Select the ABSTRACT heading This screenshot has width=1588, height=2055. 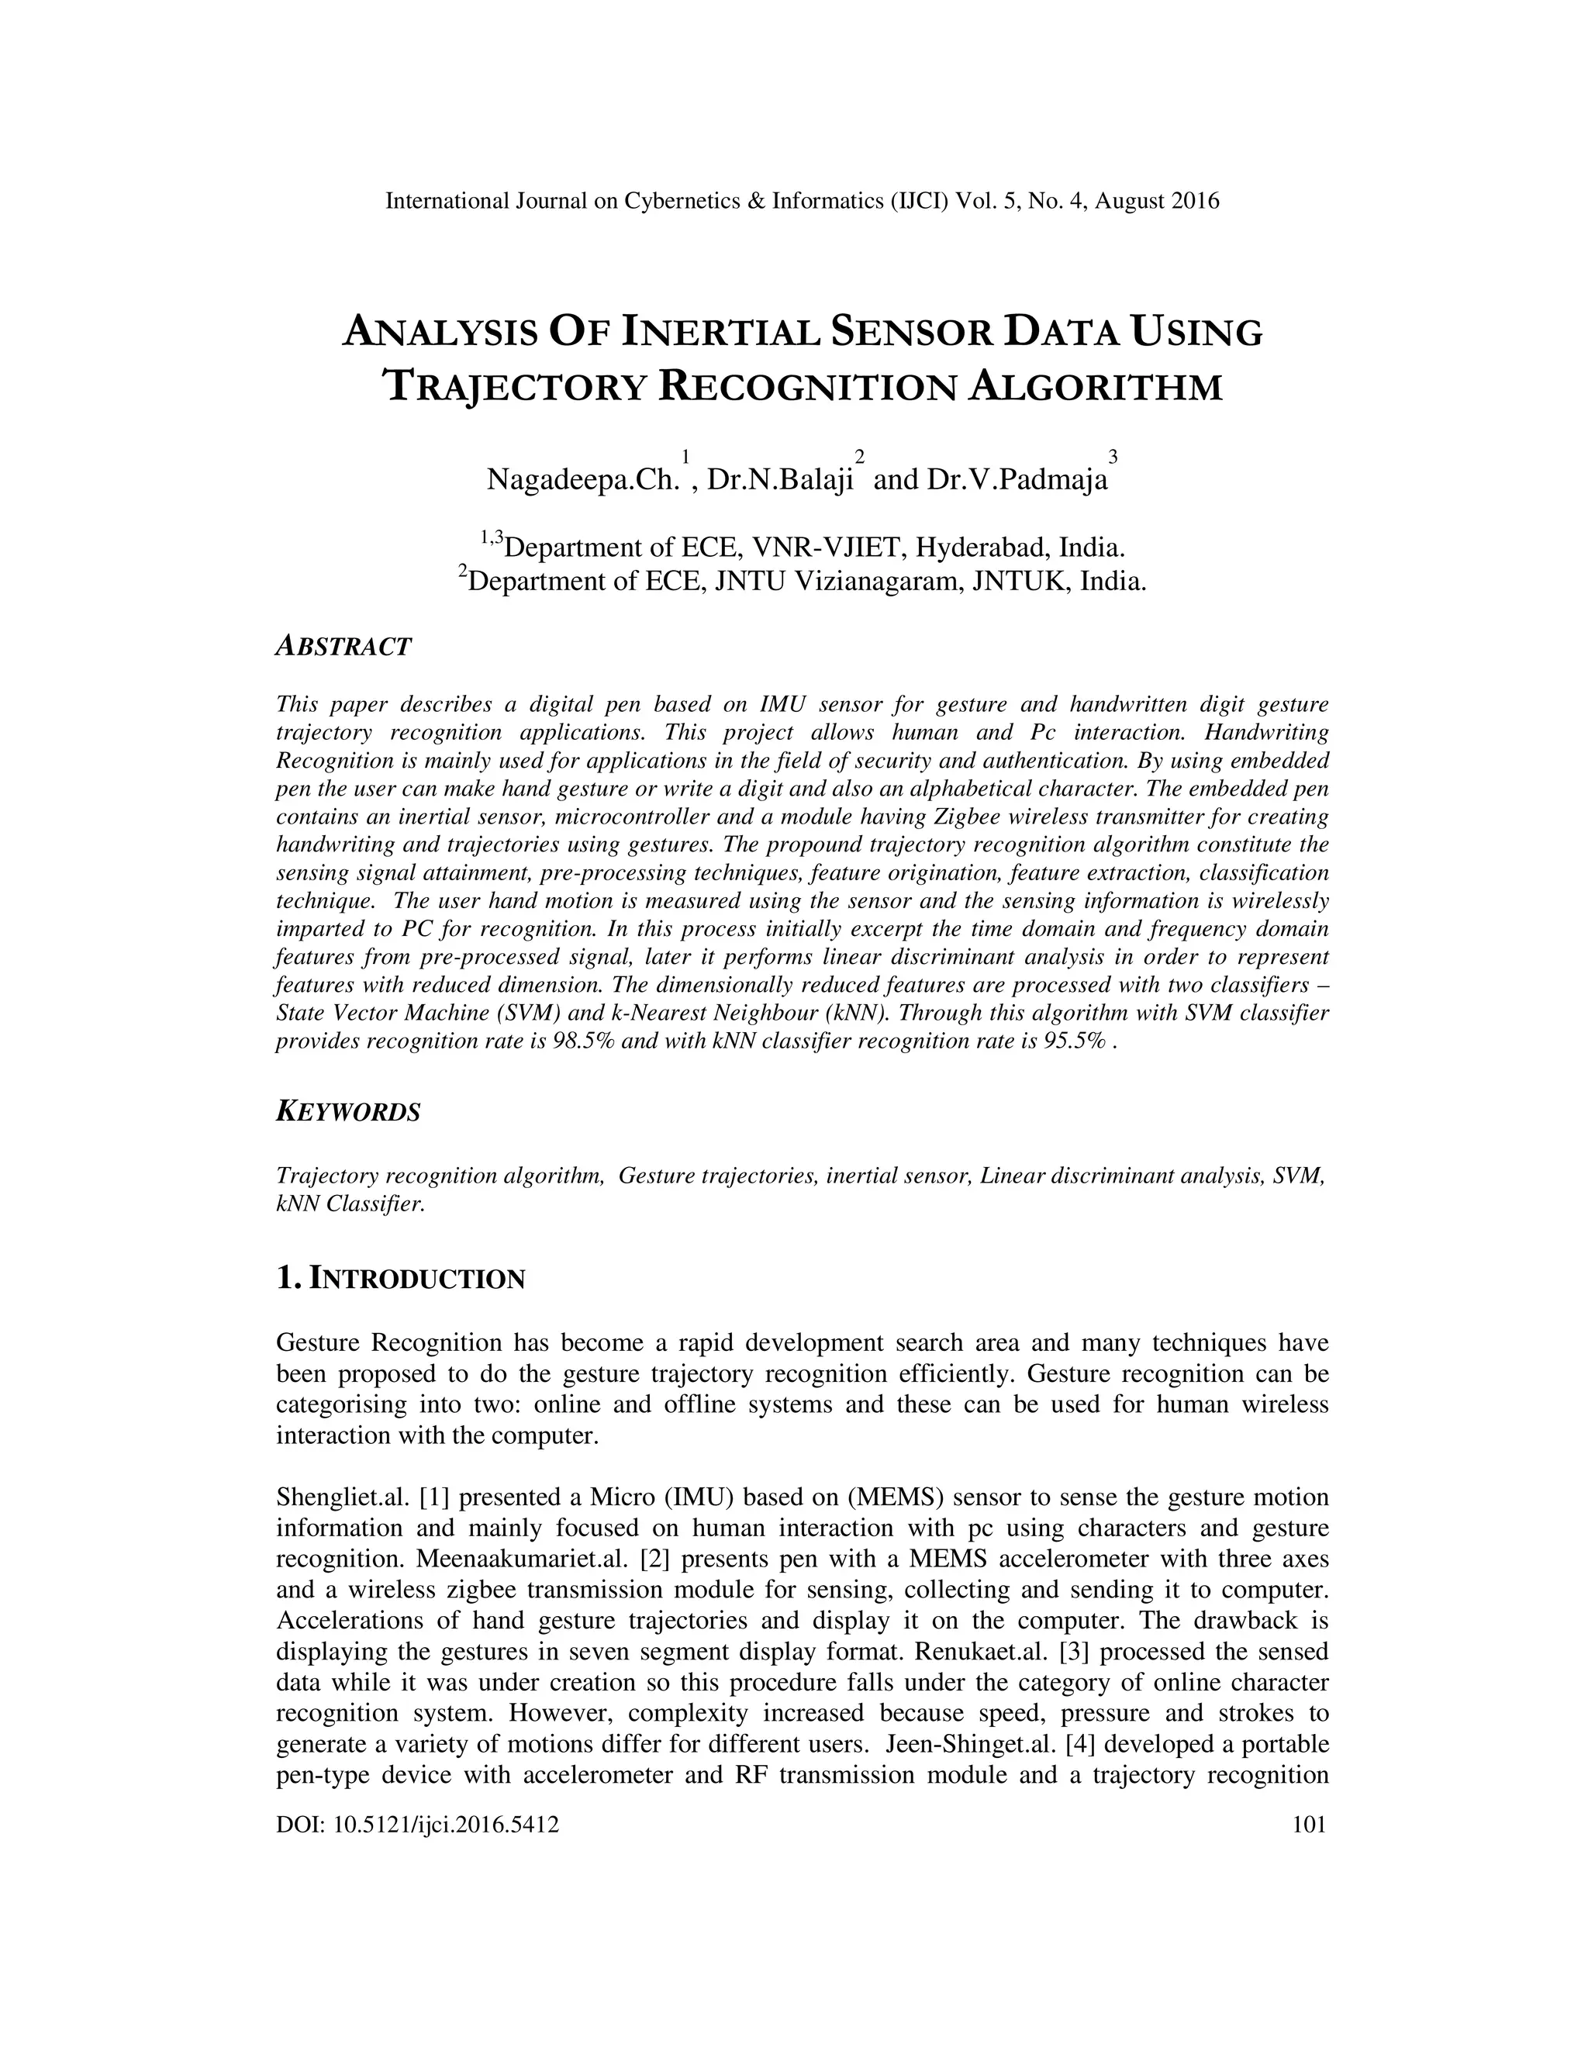(x=343, y=647)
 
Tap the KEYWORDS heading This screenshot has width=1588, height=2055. (x=348, y=1111)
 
